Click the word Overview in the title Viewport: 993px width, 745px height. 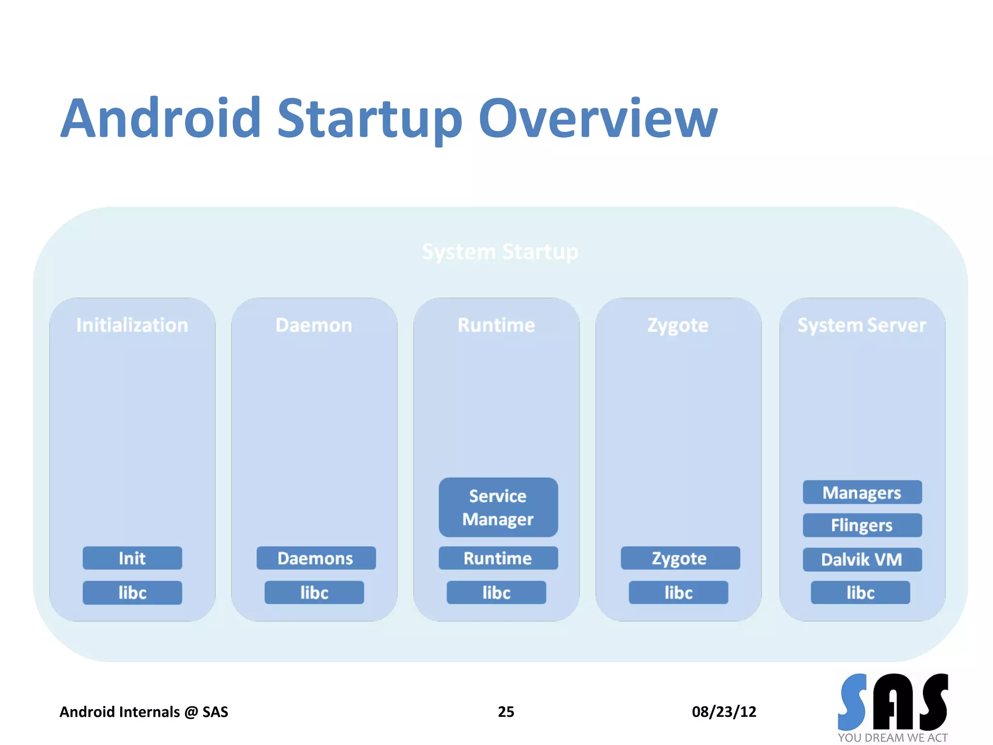click(x=597, y=119)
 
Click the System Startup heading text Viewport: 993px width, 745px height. click(x=500, y=252)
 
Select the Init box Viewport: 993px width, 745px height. click(x=132, y=558)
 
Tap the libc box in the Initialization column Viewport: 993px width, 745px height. click(x=132, y=593)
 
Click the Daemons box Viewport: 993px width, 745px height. click(x=316, y=558)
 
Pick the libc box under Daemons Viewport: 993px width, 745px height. click(x=314, y=593)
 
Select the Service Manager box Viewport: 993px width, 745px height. click(x=498, y=507)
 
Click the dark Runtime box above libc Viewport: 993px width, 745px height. click(x=498, y=558)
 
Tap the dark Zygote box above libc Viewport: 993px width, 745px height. click(x=680, y=558)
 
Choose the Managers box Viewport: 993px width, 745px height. click(x=862, y=492)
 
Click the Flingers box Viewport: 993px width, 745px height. click(x=862, y=525)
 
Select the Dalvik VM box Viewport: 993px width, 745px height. click(x=862, y=560)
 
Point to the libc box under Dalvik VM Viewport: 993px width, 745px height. click(x=860, y=593)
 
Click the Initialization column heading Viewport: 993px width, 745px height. click(x=132, y=325)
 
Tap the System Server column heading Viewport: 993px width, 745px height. click(x=862, y=325)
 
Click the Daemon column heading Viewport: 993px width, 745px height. click(x=314, y=325)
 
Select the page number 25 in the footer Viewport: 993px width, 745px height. click(x=506, y=712)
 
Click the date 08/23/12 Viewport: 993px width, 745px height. click(x=724, y=712)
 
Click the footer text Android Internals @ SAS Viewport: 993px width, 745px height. click(x=144, y=712)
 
